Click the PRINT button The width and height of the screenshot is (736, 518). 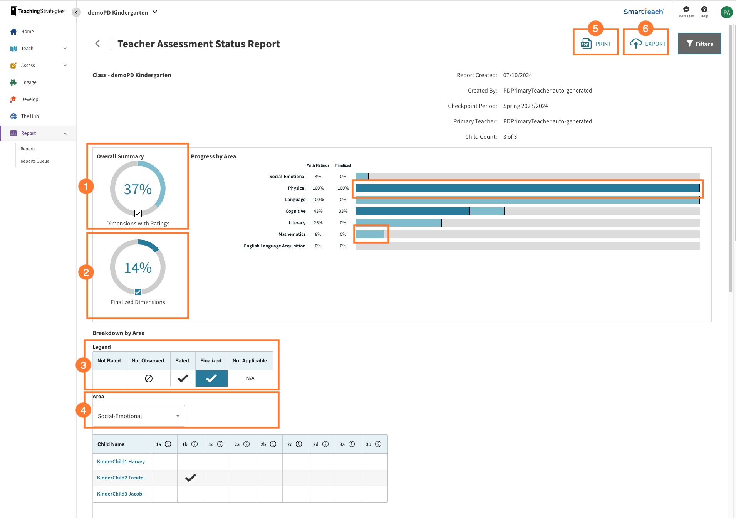(x=595, y=44)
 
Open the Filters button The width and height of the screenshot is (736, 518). (x=699, y=44)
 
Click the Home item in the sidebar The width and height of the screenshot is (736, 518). (x=27, y=32)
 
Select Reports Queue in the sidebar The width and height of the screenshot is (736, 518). (x=35, y=161)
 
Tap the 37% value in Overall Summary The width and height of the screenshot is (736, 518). (x=137, y=189)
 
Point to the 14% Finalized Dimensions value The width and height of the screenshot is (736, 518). (x=137, y=268)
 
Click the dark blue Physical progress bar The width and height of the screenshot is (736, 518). (x=527, y=188)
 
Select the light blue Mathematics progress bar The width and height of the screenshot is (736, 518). (x=369, y=234)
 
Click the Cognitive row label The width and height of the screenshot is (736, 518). (x=295, y=211)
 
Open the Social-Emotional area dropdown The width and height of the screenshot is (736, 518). (x=139, y=416)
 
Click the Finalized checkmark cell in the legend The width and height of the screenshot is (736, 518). (x=211, y=378)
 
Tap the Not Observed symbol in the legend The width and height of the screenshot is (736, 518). (x=148, y=378)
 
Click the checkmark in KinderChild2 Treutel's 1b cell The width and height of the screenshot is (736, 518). (x=190, y=478)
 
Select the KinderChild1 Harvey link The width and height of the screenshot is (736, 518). (x=121, y=461)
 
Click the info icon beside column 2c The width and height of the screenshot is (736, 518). (x=299, y=444)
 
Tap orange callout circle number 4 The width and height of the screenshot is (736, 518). (x=83, y=410)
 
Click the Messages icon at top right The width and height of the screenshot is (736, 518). (x=686, y=10)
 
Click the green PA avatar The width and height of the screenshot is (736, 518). (x=726, y=12)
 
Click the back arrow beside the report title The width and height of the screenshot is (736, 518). (x=98, y=44)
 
